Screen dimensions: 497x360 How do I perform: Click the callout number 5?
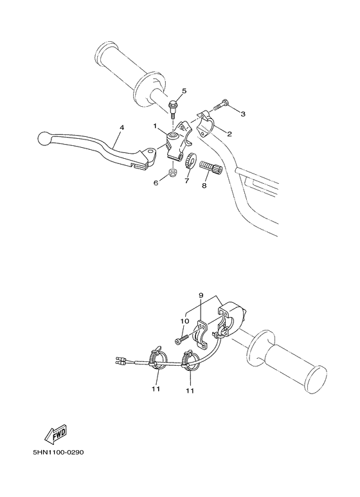(x=184, y=91)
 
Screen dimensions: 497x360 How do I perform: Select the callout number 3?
(x=243, y=114)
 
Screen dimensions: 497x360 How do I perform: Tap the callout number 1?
(x=155, y=126)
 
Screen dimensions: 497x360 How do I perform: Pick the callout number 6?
(x=155, y=183)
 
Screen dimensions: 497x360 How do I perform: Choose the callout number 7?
(x=187, y=183)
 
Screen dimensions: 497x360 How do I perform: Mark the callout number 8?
(x=204, y=186)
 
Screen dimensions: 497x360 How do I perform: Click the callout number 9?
(x=201, y=296)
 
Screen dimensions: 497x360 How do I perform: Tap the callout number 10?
(x=183, y=320)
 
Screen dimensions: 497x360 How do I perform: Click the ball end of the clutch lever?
(x=43, y=138)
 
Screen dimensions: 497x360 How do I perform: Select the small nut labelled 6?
(x=172, y=173)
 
